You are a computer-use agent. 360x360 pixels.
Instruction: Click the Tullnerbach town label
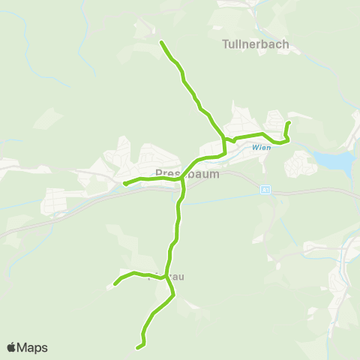256,44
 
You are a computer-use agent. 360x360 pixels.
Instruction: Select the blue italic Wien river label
262,148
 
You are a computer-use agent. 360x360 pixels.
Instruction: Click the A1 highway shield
265,190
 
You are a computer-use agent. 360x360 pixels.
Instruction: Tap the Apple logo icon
11,347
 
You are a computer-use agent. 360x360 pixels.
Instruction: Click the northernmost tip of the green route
161,43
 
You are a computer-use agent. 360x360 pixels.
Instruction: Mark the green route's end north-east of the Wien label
289,122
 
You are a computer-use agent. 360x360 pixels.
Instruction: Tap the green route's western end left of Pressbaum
124,182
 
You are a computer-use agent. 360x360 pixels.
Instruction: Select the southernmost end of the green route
137,347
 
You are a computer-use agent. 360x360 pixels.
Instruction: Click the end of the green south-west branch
115,283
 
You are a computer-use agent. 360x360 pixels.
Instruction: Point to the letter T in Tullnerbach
226,44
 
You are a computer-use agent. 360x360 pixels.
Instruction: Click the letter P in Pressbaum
158,173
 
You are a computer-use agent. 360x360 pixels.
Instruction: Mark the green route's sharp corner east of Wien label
286,141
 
